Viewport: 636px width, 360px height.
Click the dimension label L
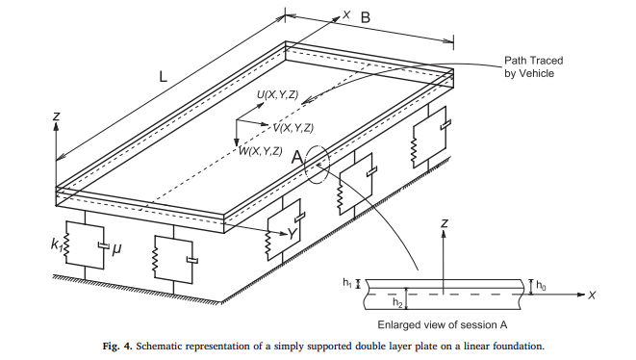point(163,76)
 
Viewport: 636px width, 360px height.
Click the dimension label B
point(366,18)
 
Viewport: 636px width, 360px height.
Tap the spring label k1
point(57,244)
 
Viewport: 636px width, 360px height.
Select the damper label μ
point(116,248)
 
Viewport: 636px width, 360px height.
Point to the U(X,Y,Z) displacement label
point(277,95)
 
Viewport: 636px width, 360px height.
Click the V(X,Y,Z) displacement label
point(293,128)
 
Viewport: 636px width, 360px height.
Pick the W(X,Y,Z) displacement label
point(261,151)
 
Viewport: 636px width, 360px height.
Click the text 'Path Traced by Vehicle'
point(534,67)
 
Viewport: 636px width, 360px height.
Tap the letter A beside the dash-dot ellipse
point(297,157)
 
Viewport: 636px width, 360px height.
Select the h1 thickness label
point(347,282)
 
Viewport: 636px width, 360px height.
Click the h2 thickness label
point(397,302)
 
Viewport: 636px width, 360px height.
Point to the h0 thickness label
point(541,285)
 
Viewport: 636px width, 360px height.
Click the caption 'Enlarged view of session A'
point(442,325)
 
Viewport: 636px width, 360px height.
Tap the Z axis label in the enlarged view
point(445,223)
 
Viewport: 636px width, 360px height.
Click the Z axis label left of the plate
point(57,116)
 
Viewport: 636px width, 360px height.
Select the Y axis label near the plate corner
point(293,234)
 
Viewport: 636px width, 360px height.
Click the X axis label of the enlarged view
point(592,296)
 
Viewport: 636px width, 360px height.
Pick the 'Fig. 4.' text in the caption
point(117,347)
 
